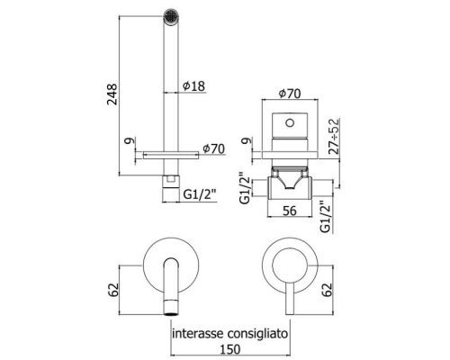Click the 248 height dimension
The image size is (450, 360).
(x=112, y=94)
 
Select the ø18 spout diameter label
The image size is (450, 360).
(x=193, y=86)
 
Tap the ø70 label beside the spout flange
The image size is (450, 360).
(x=213, y=148)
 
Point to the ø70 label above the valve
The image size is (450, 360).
(x=290, y=94)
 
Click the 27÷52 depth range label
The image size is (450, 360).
(x=334, y=137)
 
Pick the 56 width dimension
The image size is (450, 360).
(x=290, y=211)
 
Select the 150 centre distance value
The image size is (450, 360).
(x=230, y=349)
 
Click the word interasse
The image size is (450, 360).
(x=198, y=333)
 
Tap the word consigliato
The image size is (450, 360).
(x=257, y=334)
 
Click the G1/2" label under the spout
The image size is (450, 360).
(x=200, y=195)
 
